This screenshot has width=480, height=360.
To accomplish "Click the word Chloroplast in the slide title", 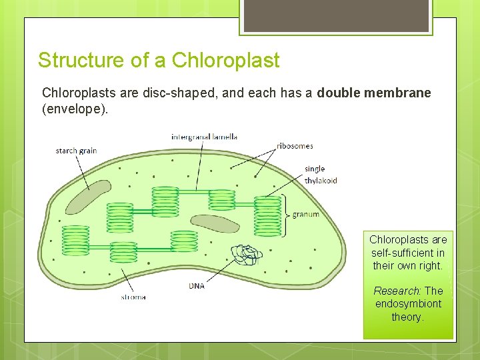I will coord(226,61).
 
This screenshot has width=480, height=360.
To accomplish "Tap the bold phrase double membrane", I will coord(374,93).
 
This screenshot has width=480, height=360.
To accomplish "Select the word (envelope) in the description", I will coord(74,109).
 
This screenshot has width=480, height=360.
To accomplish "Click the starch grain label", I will coord(76,151).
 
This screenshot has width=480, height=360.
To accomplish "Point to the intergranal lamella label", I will coord(204,137).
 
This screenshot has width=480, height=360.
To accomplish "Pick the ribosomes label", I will coord(295,146).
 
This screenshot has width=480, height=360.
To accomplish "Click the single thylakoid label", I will coord(321,175).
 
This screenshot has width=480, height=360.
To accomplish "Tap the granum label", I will coord(306,215).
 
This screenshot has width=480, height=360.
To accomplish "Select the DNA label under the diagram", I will coord(197,286).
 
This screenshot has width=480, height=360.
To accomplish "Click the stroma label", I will coord(133,297).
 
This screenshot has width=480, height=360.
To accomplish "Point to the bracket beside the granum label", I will coord(285,215).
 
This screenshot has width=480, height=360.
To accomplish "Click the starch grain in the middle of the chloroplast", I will coord(215,223).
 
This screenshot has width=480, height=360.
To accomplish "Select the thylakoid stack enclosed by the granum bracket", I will coord(267,215).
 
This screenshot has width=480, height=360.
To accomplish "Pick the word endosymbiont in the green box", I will coord(408,304).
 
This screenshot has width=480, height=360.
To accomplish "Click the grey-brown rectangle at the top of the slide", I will coord(335,17).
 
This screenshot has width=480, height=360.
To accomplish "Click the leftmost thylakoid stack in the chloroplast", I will coord(75,240).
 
